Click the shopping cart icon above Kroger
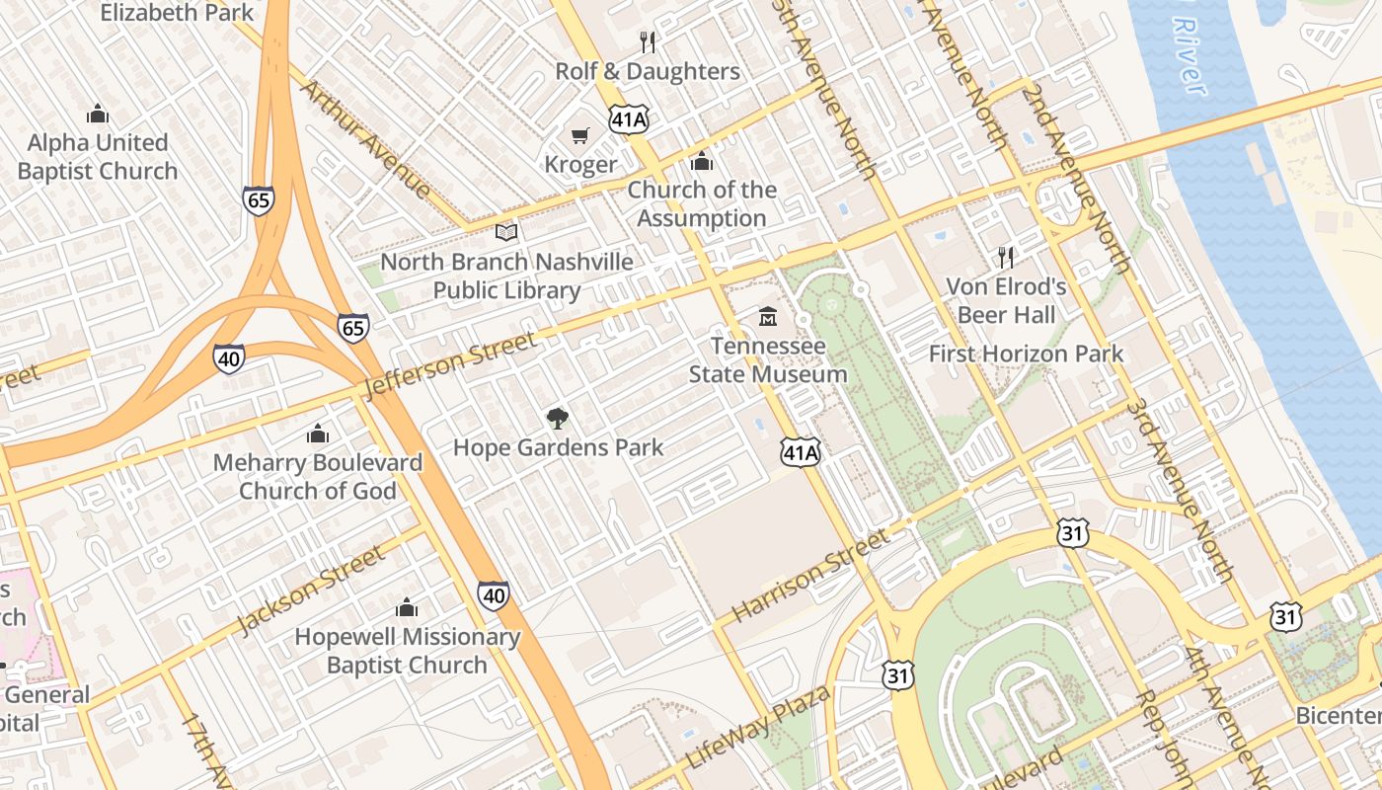(579, 135)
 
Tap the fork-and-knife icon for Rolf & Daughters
(648, 41)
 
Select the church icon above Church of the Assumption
(702, 160)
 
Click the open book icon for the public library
(506, 233)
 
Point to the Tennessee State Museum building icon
(768, 317)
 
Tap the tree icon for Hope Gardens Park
(558, 419)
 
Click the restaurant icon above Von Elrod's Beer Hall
(1006, 258)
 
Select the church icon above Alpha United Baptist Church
(97, 114)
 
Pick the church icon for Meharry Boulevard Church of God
(317, 434)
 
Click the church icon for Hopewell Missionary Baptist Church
(407, 607)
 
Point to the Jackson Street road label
(311, 591)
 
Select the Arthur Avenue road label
(365, 138)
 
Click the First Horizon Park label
(1026, 354)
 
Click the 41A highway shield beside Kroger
(629, 119)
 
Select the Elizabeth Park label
(178, 13)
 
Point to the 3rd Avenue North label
(1181, 489)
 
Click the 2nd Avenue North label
(1077, 178)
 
